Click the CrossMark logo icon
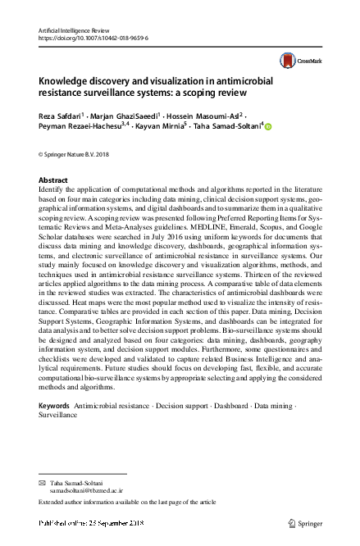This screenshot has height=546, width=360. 286,59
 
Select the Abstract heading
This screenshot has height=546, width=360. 54,180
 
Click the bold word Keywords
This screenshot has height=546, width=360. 54,407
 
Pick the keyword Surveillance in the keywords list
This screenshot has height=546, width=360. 57,416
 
